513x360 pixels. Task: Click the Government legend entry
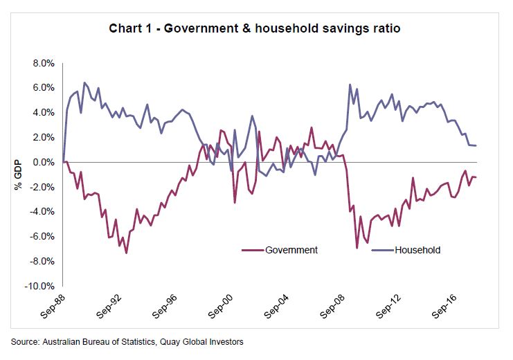point(291,250)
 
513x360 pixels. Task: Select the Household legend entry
point(417,250)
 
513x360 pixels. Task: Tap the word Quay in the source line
point(186,341)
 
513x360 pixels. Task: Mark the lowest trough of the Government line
point(126,253)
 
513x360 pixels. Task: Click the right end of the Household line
point(476,145)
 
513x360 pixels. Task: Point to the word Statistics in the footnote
point(150,341)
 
